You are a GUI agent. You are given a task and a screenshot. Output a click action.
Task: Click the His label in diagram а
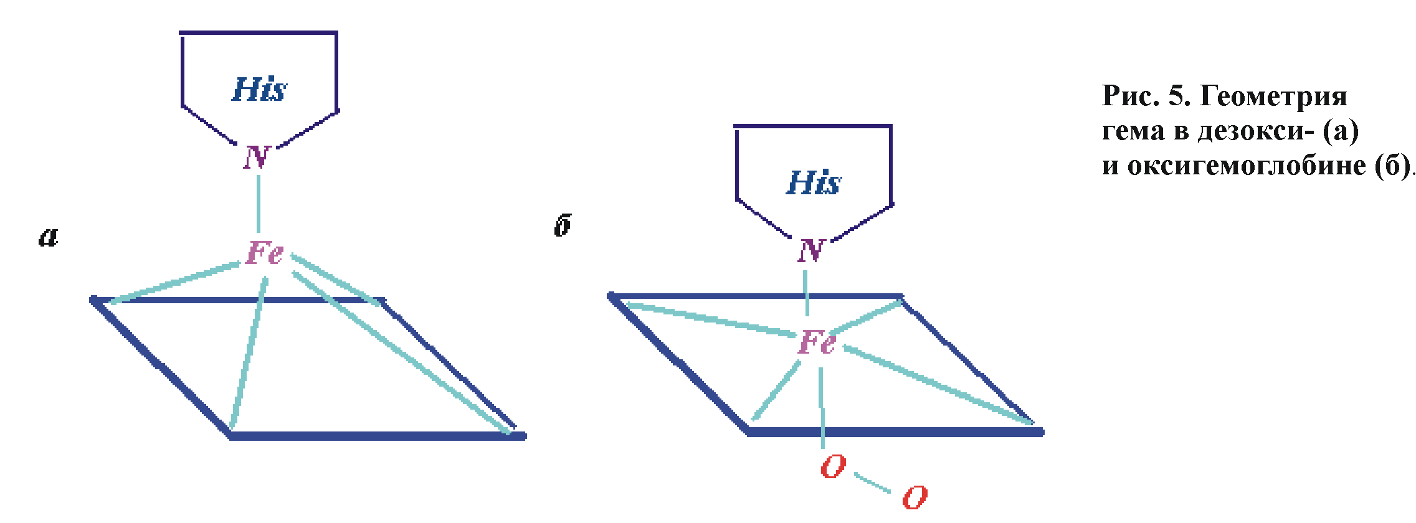click(x=259, y=89)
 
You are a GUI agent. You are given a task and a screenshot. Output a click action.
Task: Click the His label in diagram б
click(x=814, y=183)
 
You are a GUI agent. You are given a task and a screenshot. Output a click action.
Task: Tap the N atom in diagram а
click(x=257, y=158)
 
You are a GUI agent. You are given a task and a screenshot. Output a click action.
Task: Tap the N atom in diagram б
click(x=812, y=251)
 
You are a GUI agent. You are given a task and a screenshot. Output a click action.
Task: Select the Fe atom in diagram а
click(x=265, y=253)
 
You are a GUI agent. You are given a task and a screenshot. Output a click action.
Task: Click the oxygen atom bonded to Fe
click(x=834, y=466)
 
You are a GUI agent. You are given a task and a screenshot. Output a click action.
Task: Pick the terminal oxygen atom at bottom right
click(x=915, y=497)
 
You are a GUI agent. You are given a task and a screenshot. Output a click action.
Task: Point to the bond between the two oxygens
click(x=873, y=483)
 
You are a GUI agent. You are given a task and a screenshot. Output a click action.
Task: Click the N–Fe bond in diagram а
click(x=259, y=204)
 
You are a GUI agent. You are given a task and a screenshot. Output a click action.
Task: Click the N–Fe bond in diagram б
click(x=807, y=293)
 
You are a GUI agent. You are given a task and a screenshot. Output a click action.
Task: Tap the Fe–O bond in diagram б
click(x=822, y=405)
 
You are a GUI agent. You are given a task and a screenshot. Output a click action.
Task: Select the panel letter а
click(x=49, y=237)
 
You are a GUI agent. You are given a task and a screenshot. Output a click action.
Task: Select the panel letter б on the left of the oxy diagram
click(x=563, y=225)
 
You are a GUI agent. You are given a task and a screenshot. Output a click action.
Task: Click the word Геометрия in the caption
click(x=1273, y=97)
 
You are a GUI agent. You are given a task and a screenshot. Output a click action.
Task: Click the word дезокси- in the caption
click(x=1256, y=131)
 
